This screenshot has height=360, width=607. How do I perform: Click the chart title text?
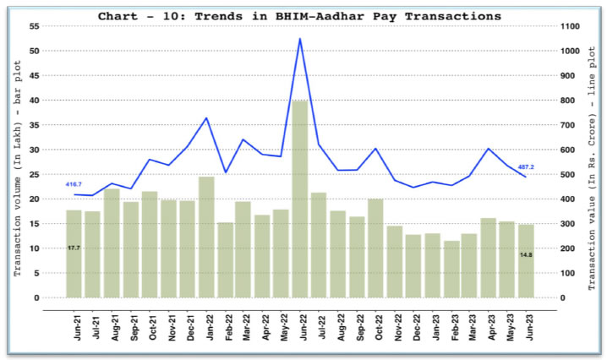point(299,16)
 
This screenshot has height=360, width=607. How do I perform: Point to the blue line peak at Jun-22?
point(299,39)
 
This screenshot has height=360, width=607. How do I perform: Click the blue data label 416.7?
point(74,184)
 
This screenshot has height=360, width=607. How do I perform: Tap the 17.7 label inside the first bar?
point(74,248)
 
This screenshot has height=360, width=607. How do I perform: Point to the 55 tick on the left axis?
point(34,26)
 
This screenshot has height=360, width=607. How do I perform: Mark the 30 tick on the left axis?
point(34,150)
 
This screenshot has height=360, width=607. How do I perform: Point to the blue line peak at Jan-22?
point(205,117)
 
